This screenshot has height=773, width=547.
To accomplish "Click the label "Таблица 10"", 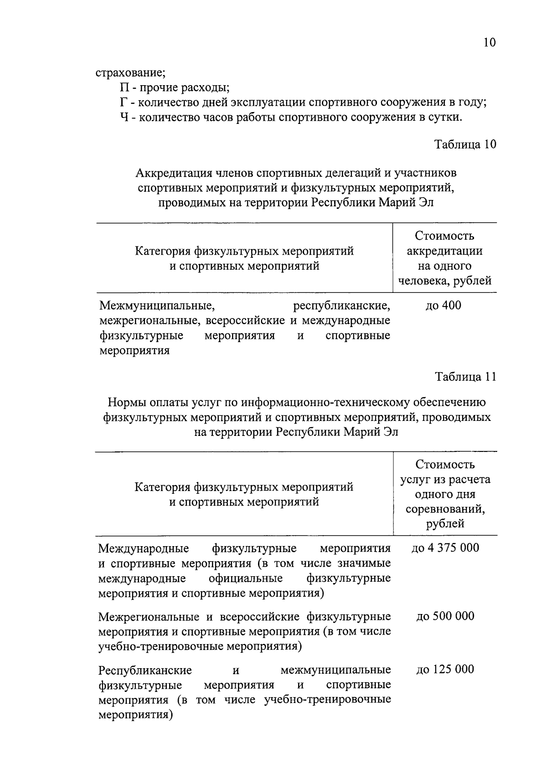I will tap(465, 144).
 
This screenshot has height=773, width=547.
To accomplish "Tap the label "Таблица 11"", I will tap(465, 377).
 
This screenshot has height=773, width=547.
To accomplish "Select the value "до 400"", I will tap(443, 305).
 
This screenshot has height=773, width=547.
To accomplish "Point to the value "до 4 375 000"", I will tap(445, 548).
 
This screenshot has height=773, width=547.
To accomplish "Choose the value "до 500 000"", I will tap(445, 616).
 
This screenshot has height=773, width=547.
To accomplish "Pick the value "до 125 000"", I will tap(445, 669).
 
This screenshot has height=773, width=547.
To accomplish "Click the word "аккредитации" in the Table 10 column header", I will tap(444, 251).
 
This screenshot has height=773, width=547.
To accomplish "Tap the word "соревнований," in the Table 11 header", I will tap(445, 509).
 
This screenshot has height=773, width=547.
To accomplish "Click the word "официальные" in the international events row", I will tap(246, 578).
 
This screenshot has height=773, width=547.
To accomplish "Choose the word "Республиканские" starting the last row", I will tap(145, 670).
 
